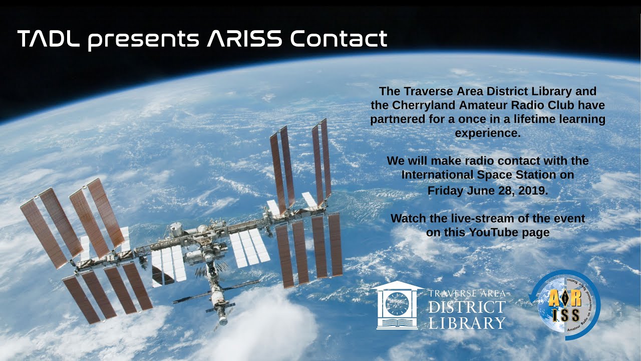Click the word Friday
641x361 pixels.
click(445, 191)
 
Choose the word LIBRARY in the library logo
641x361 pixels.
click(467, 322)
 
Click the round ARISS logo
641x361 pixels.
click(565, 305)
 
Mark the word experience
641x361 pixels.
click(488, 133)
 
